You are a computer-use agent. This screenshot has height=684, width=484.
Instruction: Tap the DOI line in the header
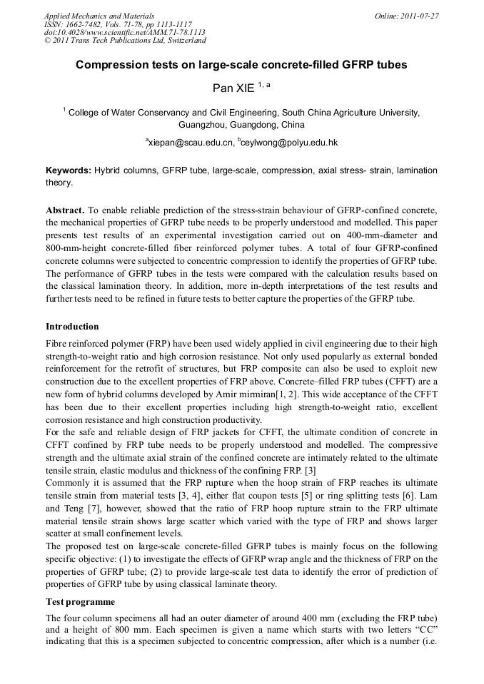pos(125,33)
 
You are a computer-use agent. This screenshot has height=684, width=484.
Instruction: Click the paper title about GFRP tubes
pos(241,65)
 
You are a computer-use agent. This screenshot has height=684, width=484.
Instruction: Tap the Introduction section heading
pos(72,327)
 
